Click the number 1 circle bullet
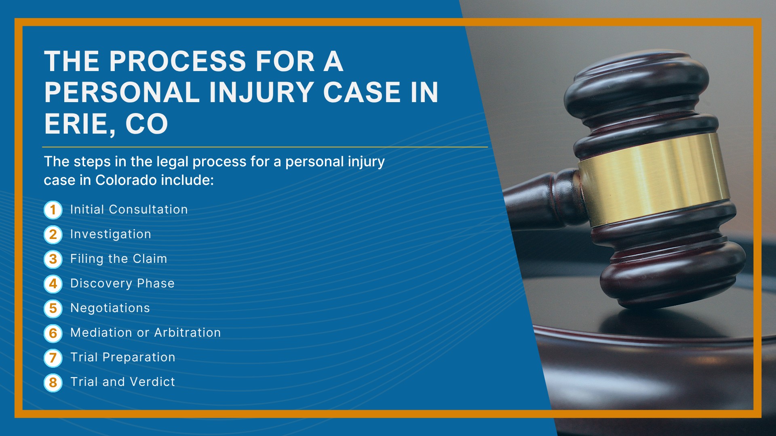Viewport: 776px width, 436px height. point(53,210)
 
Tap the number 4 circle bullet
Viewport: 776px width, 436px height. point(53,284)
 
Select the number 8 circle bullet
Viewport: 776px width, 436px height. point(53,382)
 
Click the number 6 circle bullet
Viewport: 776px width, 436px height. point(53,333)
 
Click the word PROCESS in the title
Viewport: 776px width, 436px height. point(177,61)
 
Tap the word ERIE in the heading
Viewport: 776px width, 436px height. point(76,124)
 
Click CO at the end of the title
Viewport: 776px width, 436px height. point(146,124)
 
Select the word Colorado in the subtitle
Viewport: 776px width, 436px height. point(126,180)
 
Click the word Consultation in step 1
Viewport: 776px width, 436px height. point(148,210)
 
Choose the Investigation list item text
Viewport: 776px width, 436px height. point(111,235)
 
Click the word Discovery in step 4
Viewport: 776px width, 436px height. point(101,284)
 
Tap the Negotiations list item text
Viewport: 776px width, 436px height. point(110,308)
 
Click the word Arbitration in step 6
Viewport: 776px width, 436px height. point(188,333)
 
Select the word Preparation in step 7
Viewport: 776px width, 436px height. point(139,358)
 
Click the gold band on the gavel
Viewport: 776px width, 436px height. point(654,178)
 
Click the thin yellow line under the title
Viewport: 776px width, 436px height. point(265,147)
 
